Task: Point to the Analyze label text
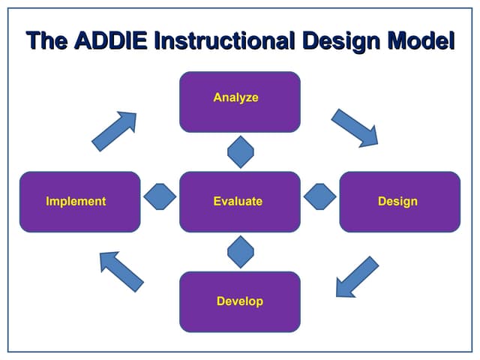[235, 97]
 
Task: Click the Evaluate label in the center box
[238, 201]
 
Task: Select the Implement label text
[76, 201]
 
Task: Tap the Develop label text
[239, 301]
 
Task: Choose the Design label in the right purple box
[397, 201]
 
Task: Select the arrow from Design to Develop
[355, 276]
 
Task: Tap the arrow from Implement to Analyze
[115, 130]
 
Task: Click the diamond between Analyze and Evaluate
[241, 152]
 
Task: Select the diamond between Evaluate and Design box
[320, 196]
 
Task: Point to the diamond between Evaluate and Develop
[241, 251]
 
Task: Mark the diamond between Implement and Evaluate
[160, 196]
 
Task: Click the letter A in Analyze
[217, 97]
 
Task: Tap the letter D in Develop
[220, 301]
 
